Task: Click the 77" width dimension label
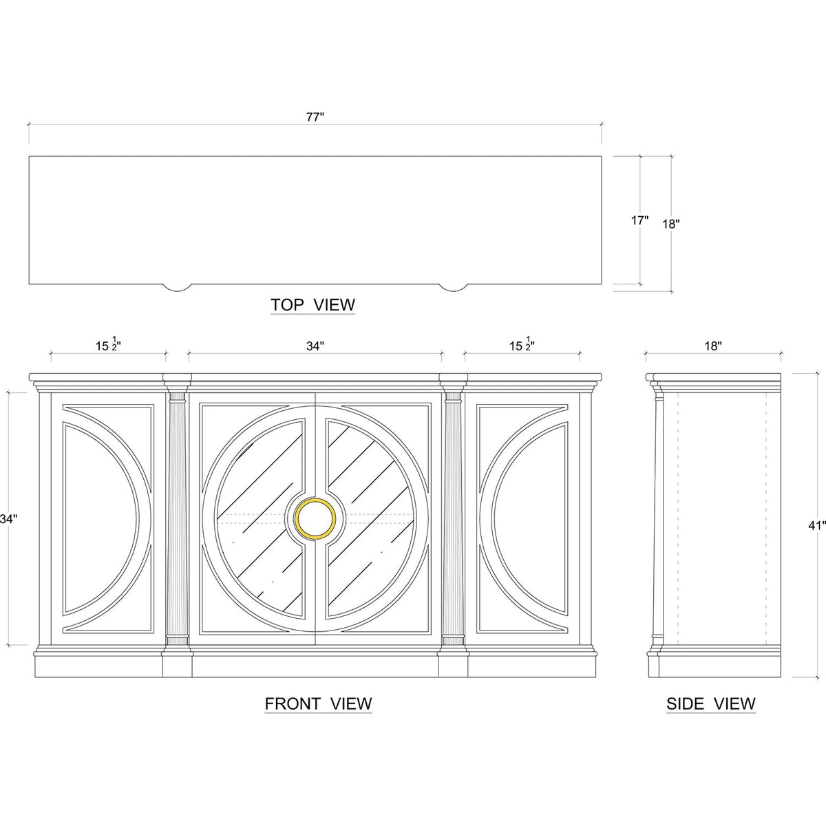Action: click(315, 118)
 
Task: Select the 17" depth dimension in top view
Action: click(639, 221)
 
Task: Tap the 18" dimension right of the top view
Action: click(671, 224)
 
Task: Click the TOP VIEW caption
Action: click(313, 304)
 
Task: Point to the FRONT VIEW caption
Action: click(318, 703)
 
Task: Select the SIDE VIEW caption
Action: click(710, 703)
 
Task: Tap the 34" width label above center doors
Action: click(315, 348)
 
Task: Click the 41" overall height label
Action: click(816, 526)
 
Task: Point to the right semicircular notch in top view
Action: click(453, 286)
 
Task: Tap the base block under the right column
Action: click(453, 664)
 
